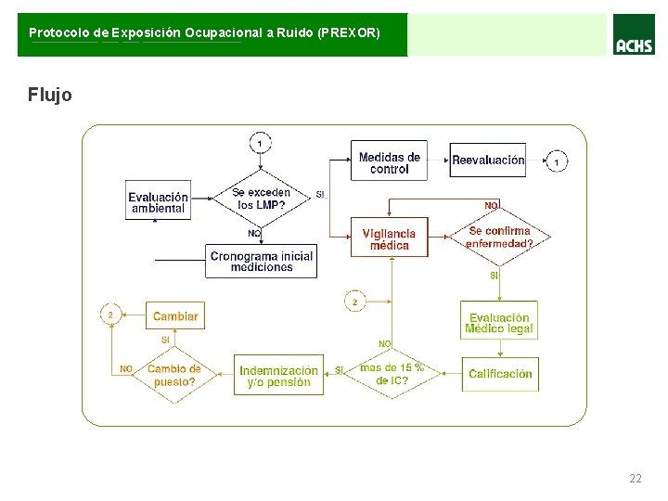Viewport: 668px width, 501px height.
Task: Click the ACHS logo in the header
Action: click(x=634, y=41)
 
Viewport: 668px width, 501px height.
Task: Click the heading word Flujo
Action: click(x=49, y=95)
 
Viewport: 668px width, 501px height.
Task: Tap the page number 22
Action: click(x=635, y=479)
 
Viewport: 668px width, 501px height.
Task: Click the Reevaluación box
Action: click(x=488, y=161)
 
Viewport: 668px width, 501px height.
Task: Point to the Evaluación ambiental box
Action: click(x=159, y=201)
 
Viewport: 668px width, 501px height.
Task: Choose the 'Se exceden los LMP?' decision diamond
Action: click(x=261, y=199)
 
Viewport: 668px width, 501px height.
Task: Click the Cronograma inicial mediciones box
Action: click(x=262, y=262)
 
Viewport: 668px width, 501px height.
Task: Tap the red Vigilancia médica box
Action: click(x=389, y=238)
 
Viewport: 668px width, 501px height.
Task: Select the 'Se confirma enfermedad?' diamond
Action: click(x=499, y=238)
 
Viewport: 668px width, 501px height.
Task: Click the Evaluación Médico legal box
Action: click(x=499, y=323)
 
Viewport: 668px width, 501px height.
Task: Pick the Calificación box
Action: click(x=500, y=374)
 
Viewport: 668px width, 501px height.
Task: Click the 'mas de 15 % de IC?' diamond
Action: click(x=392, y=374)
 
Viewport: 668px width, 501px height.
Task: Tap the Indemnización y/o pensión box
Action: click(x=278, y=376)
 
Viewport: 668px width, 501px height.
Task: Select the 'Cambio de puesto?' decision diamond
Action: click(x=174, y=375)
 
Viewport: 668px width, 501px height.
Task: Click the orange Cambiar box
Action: click(x=174, y=316)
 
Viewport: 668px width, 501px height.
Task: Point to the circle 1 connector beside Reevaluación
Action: click(x=557, y=161)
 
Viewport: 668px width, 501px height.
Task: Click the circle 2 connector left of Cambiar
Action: click(x=110, y=315)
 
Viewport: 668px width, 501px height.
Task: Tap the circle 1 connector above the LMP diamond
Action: click(x=261, y=143)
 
